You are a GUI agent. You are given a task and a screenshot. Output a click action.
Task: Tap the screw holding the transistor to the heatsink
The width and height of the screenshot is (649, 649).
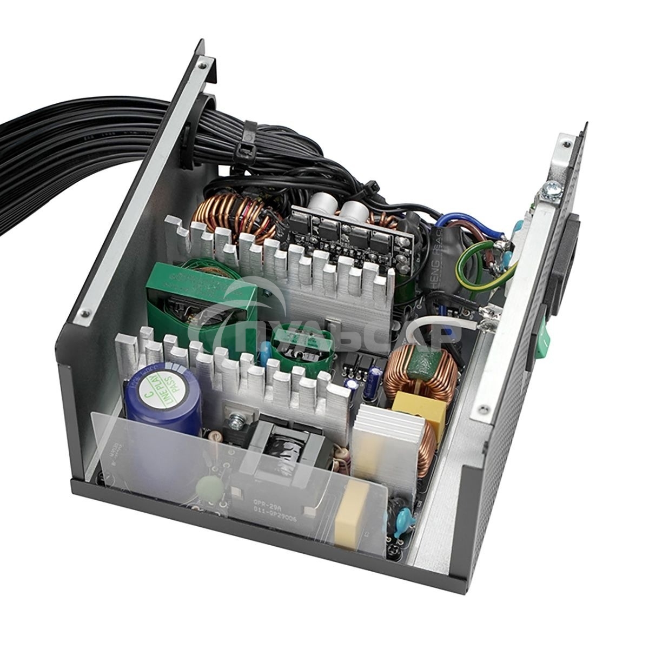click(x=236, y=419)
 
